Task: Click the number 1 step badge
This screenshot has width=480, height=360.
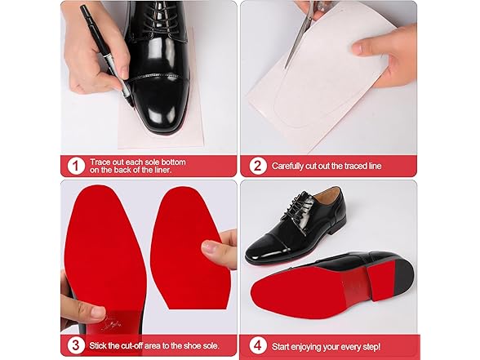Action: pyautogui.click(x=75, y=166)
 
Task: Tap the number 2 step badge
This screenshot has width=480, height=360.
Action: pyautogui.click(x=257, y=166)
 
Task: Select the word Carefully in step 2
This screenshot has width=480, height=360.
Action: pyautogui.click(x=290, y=166)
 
